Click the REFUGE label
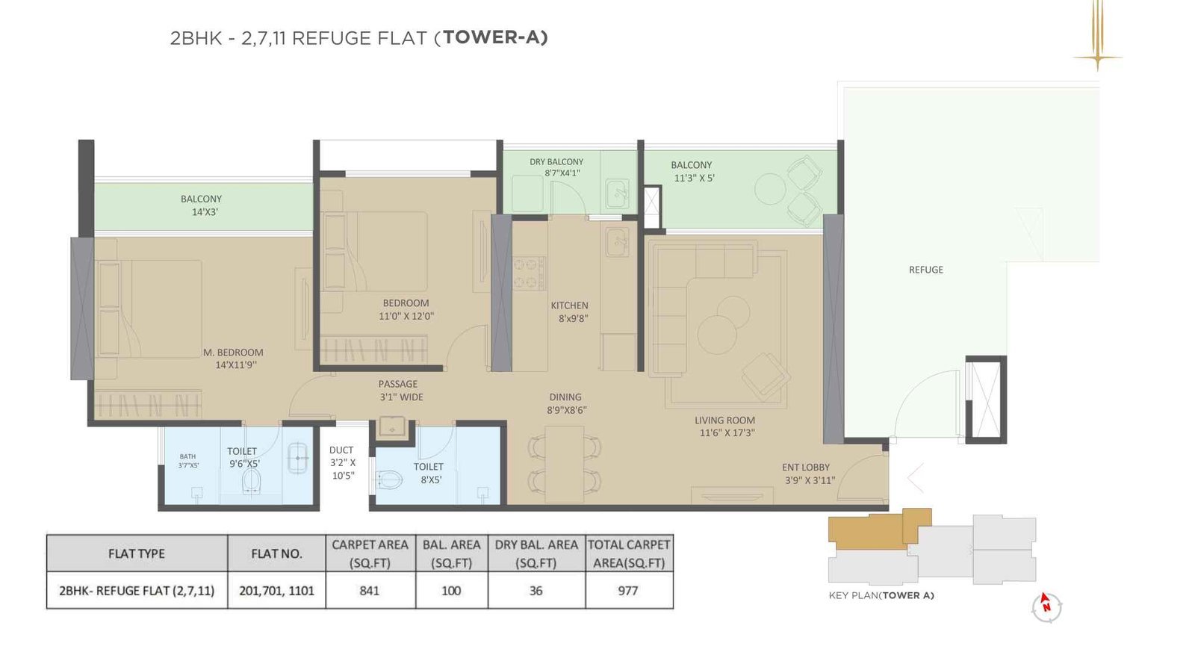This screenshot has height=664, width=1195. point(925,270)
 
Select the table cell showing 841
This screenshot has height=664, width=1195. point(370,590)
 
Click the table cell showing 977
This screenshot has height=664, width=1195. point(628,590)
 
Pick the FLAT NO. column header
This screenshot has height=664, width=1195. point(276,553)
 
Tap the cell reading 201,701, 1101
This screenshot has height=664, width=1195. point(276,590)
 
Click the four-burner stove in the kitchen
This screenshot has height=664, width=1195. point(529,273)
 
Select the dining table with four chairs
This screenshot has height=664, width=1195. point(565,463)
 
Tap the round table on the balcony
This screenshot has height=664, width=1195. point(769,189)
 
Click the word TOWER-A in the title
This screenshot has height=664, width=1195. point(495,37)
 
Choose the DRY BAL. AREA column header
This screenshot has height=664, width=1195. point(536,553)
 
